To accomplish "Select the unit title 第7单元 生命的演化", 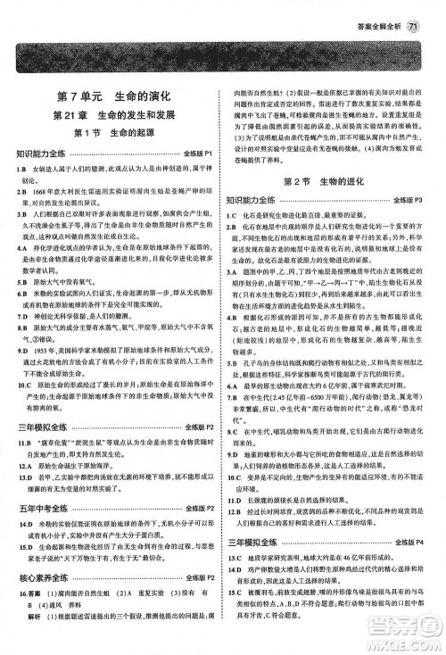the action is click(111, 95).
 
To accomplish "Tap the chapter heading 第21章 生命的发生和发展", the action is click(111, 116).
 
